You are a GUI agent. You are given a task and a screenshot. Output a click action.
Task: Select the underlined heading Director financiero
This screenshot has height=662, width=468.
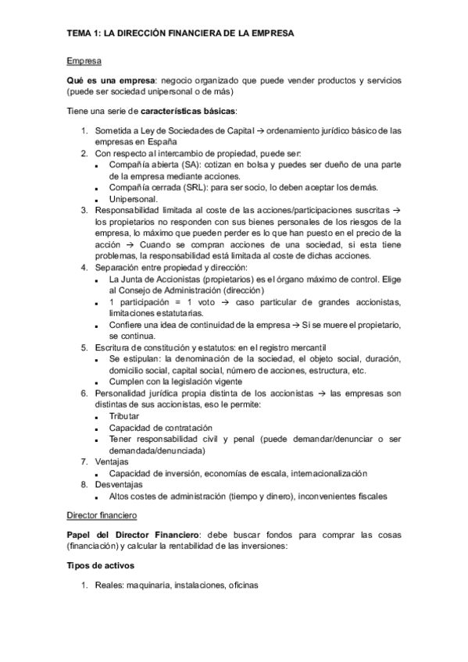[x=102, y=517]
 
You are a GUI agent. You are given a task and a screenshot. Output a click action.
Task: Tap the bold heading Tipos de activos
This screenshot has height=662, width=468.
[x=101, y=564]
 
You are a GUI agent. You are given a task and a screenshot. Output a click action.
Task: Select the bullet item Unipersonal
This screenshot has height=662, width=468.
[x=133, y=199]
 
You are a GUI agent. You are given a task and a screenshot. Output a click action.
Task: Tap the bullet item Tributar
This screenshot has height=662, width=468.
[x=124, y=417]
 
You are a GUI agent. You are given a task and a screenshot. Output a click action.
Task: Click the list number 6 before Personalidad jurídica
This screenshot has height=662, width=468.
[x=84, y=393]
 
